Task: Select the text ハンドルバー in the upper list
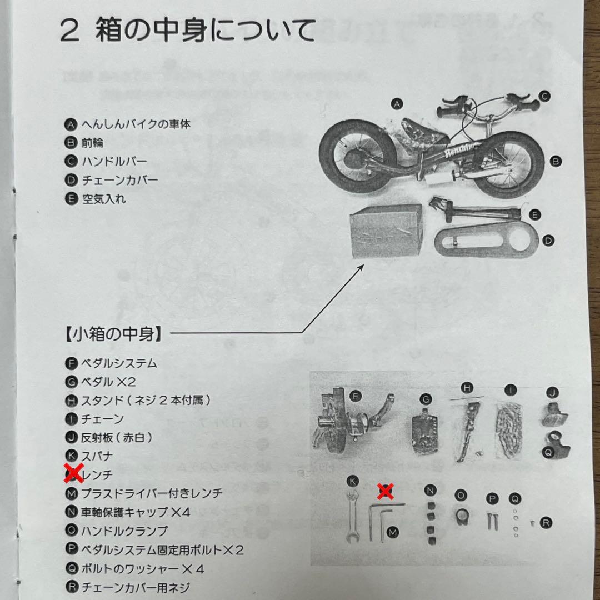point(114,162)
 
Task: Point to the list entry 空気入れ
point(103,199)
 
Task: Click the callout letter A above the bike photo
point(396,103)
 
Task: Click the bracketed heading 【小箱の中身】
point(111,334)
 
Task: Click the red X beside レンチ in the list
point(72,473)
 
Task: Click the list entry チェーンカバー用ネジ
point(136,587)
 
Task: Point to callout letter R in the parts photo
point(546,523)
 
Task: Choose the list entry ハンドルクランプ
point(124,531)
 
